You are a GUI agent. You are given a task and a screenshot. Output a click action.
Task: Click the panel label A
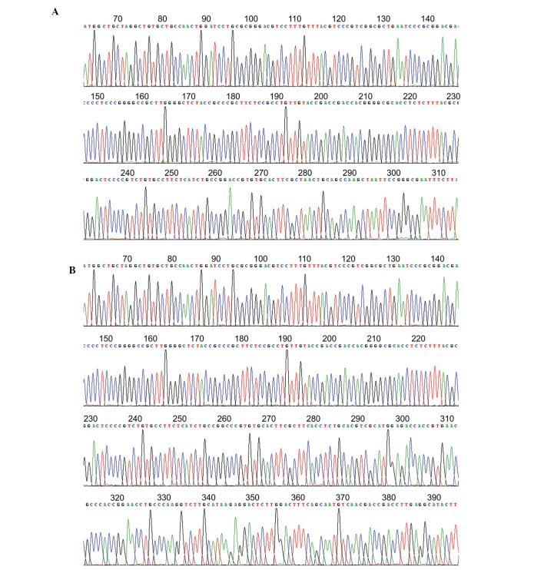55,12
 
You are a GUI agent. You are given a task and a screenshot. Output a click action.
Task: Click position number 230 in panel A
453,96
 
